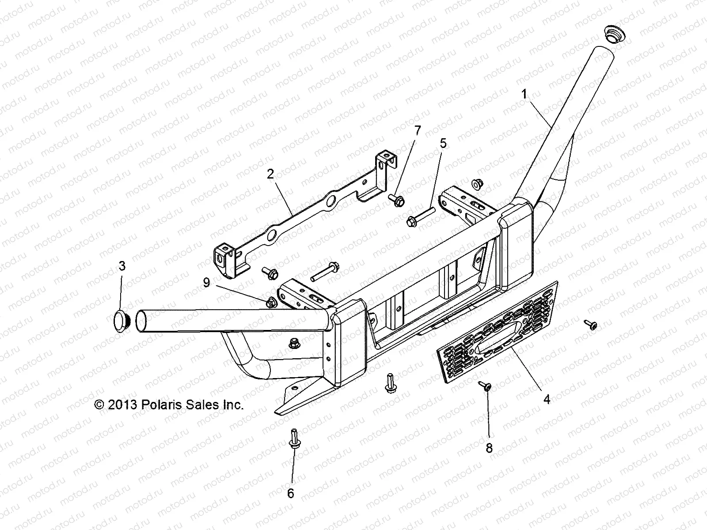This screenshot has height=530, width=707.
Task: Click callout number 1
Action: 524,94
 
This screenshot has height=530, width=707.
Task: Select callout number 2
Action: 270,174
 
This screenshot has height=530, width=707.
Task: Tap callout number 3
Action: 122,266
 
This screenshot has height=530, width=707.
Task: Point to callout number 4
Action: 547,399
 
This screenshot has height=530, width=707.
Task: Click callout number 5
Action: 443,143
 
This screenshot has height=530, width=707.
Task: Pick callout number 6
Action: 290,493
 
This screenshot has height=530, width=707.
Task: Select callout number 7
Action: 418,130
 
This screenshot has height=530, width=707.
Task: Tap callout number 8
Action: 489,448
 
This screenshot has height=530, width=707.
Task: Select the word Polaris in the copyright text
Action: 163,405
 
